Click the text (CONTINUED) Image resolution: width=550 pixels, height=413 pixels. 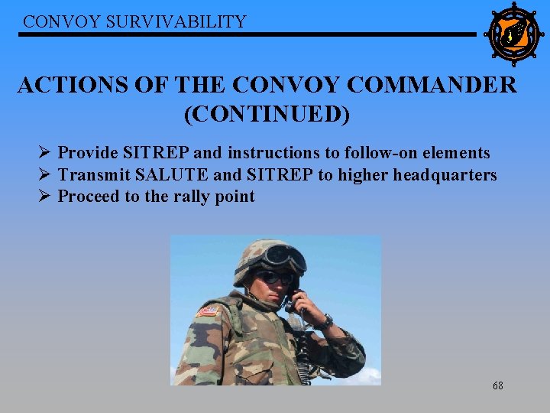267,114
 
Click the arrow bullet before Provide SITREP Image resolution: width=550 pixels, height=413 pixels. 45,153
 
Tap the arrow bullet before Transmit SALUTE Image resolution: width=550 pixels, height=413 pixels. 45,175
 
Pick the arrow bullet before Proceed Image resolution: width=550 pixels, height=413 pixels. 45,197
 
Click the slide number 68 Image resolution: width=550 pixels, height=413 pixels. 497,385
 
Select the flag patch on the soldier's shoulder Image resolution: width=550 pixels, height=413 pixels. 208,311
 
